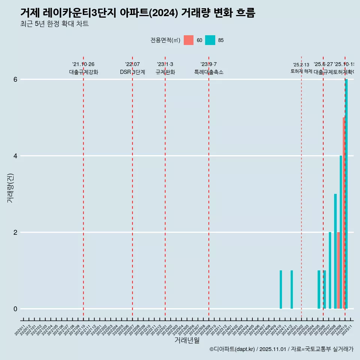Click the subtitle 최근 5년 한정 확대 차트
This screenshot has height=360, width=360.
[x=54, y=24]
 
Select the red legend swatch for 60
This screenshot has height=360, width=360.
[x=189, y=40]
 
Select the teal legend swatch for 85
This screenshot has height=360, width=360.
[x=210, y=40]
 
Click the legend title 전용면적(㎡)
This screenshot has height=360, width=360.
[x=165, y=40]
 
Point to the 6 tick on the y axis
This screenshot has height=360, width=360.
[x=15, y=79]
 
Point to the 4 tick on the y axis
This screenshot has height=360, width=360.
[x=15, y=156]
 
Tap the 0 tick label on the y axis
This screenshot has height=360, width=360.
[x=15, y=309]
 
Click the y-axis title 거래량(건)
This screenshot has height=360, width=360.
[x=10, y=188]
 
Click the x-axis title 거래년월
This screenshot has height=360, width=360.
[x=187, y=340]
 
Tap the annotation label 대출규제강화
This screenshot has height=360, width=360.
[x=83, y=72]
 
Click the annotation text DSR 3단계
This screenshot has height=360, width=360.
[x=132, y=72]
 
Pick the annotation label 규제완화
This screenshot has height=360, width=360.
[x=165, y=72]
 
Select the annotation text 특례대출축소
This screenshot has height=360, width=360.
[x=208, y=72]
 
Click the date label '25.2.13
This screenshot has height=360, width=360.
[x=301, y=65]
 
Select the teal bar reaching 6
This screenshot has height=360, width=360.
[x=346, y=194]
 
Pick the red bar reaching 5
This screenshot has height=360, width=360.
[x=344, y=213]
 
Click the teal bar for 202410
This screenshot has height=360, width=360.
[x=281, y=289]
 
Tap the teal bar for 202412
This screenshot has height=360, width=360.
[x=292, y=289]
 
